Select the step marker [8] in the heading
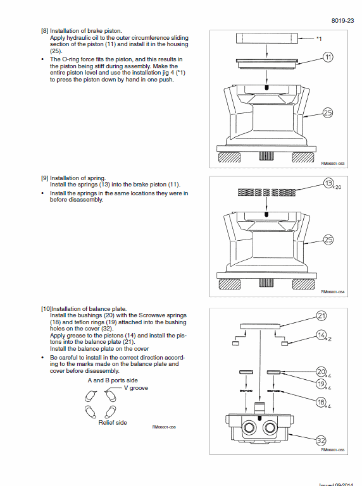click(45, 31)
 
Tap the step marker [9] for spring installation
click(45, 178)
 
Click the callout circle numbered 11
click(328, 57)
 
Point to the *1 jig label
click(319, 39)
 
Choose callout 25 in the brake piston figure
click(328, 113)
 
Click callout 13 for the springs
click(328, 183)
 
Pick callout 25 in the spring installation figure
click(328, 240)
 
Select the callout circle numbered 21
click(321, 316)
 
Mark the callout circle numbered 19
click(321, 384)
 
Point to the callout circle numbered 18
click(321, 402)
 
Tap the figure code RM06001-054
click(332, 291)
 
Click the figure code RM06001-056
click(164, 427)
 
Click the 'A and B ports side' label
click(113, 380)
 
